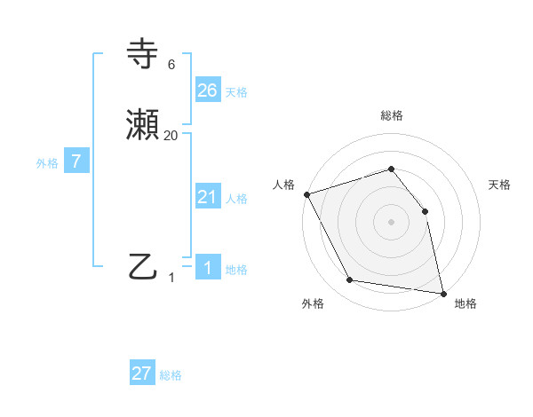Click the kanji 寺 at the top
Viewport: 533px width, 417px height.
pos(143,55)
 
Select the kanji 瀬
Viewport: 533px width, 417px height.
pos(143,126)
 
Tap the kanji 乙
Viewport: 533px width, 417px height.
pos(143,266)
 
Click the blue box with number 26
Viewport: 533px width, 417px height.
pos(207,90)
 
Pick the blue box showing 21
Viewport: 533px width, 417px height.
pos(207,197)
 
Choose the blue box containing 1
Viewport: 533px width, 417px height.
pos(207,268)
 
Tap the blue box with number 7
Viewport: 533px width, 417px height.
pos(76,162)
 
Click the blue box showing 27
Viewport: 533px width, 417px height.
pos(142,374)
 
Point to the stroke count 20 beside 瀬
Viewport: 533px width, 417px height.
pos(171,135)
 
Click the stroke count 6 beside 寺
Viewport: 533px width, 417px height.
pos(171,65)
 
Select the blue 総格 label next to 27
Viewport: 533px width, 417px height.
pos(171,375)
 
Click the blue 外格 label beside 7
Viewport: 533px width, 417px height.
pos(47,163)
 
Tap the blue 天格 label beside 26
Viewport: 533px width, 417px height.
pos(236,92)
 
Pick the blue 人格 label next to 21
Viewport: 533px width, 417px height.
pos(236,199)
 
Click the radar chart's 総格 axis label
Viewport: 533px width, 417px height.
pos(391,115)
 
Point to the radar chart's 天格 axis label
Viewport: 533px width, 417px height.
pos(500,185)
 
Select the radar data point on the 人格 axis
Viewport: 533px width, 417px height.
pos(306,193)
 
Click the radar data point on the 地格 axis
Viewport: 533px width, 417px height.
pos(443,293)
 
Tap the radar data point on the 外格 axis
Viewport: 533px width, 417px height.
pos(350,280)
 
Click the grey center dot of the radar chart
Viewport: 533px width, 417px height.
pos(391,222)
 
